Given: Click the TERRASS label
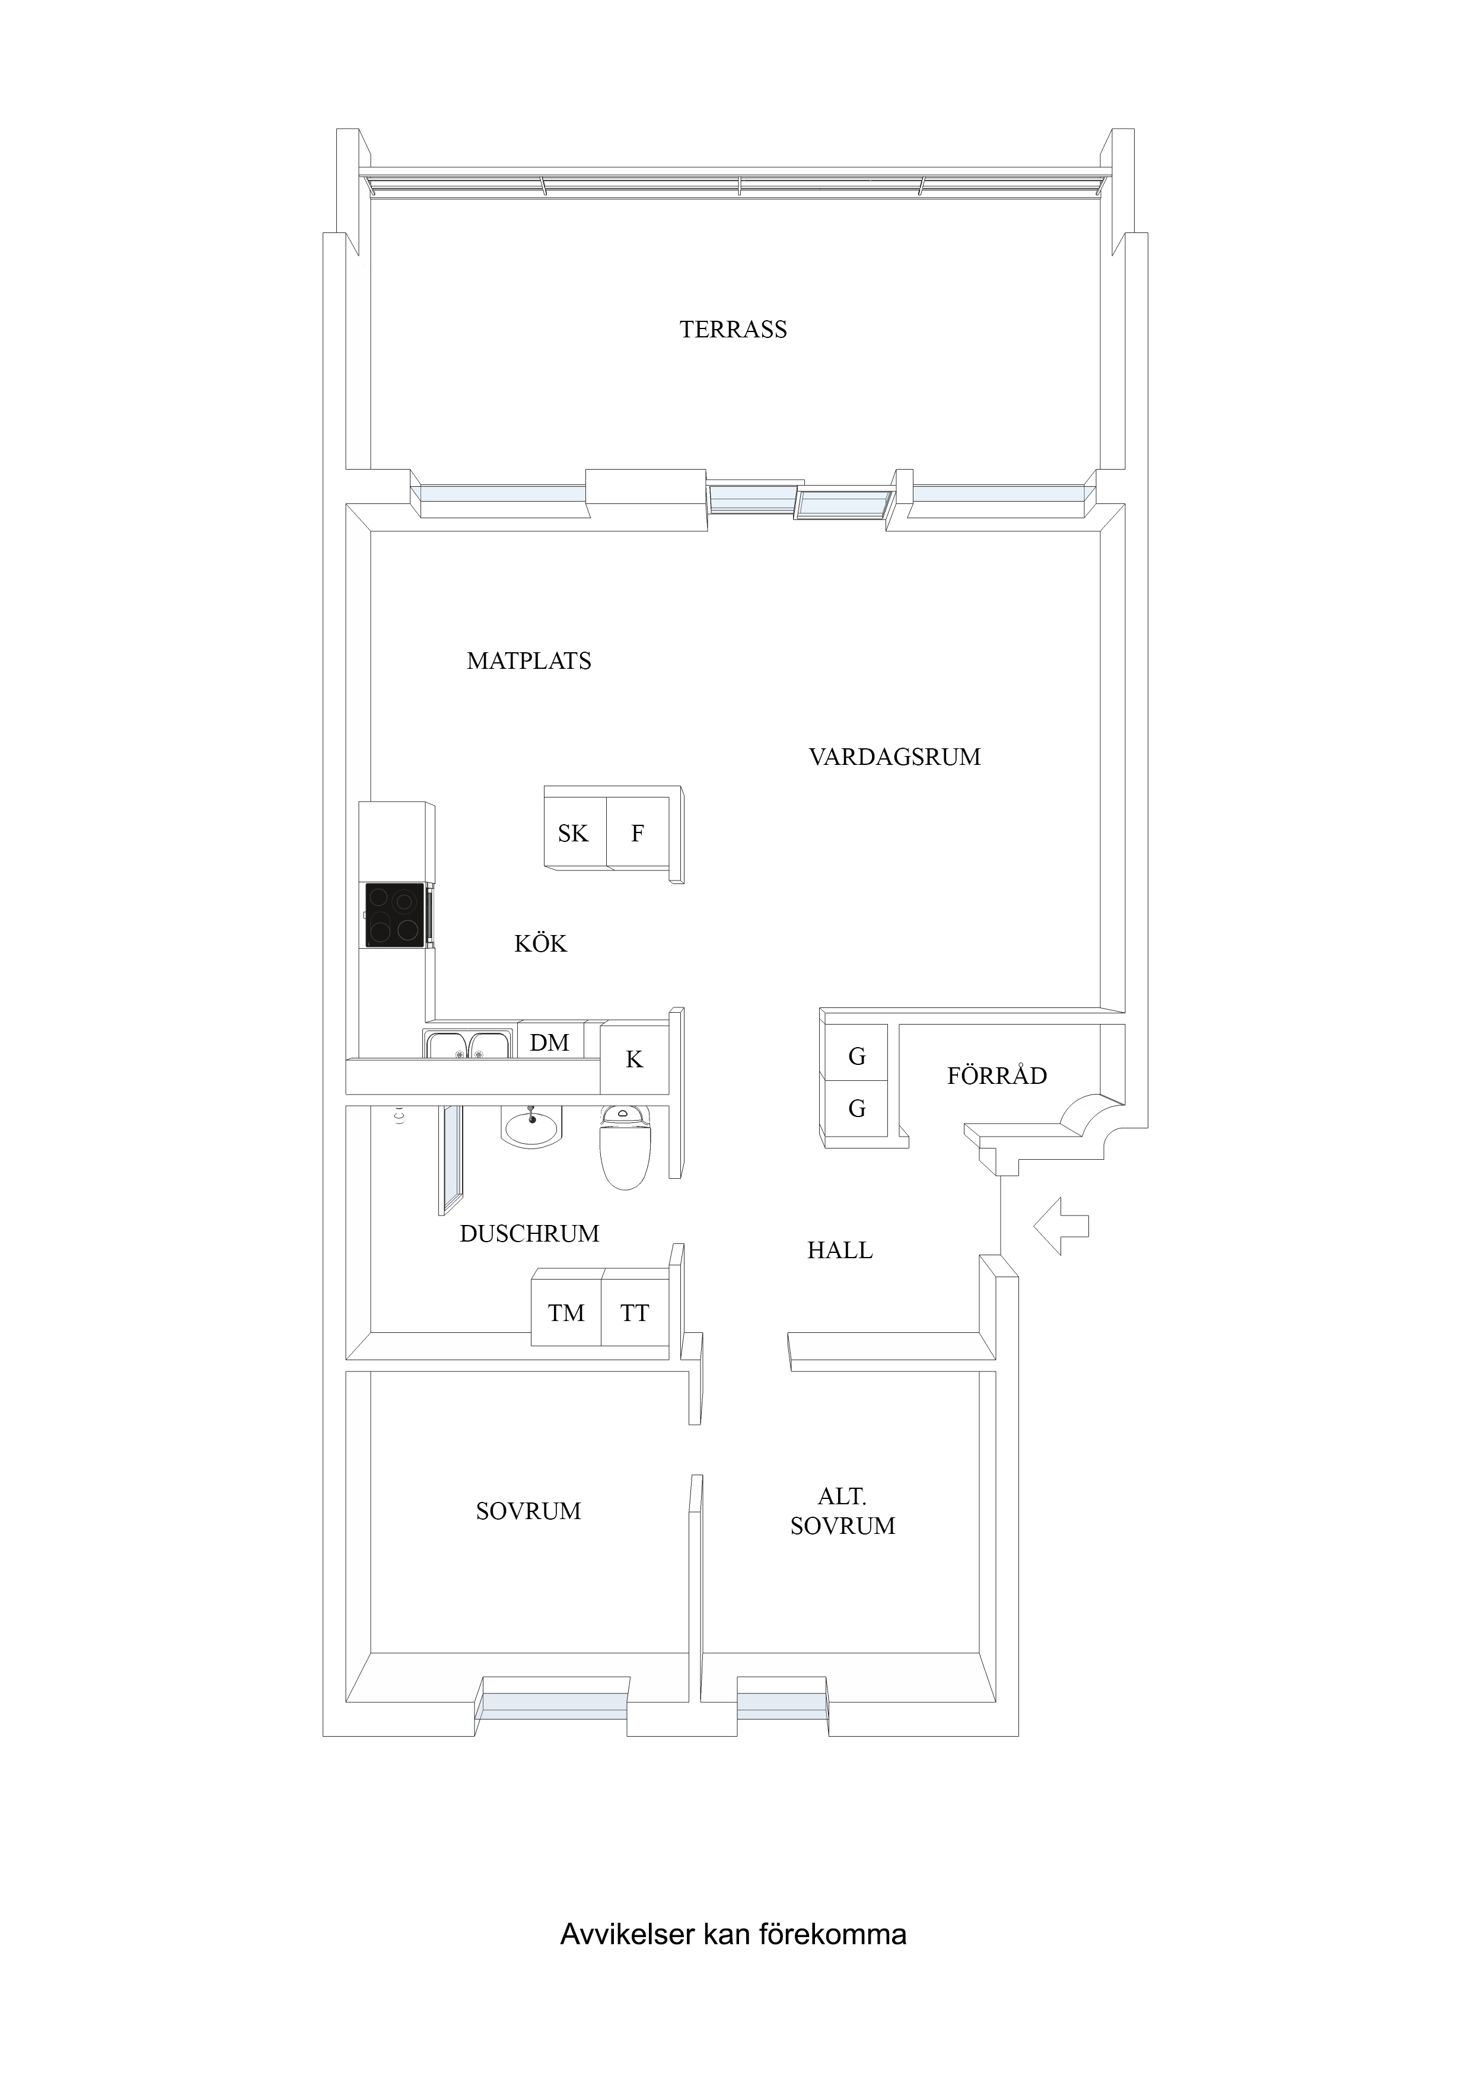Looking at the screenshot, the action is tap(733, 330).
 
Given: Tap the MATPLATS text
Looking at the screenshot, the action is tap(529, 661).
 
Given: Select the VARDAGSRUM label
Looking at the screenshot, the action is tap(894, 757).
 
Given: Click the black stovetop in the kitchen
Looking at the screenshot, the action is tap(395, 915).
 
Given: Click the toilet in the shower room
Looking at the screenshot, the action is tap(625, 1146).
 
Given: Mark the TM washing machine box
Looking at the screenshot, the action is tap(566, 1313).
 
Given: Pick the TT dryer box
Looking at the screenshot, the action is tap(635, 1313).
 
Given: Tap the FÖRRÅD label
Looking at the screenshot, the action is tap(997, 1076).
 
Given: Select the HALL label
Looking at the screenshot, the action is tap(840, 1251).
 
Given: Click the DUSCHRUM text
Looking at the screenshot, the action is tap(529, 1234).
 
